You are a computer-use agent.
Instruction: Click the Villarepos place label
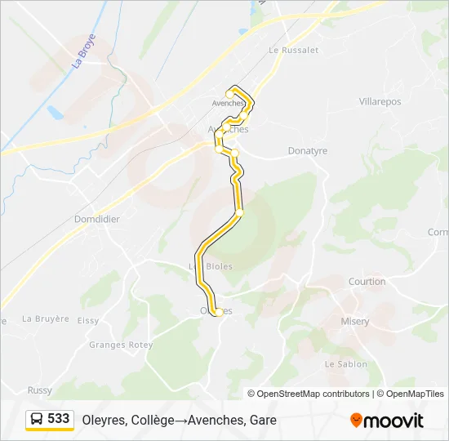click(380, 102)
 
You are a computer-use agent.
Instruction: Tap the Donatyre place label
click(308, 151)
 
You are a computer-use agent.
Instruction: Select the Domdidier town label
click(97, 220)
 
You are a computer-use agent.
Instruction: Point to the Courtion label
click(367, 282)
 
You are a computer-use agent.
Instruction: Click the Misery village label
click(355, 322)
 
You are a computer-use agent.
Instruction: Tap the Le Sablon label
click(345, 364)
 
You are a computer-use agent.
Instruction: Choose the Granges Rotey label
click(121, 345)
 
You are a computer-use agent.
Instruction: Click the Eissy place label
click(88, 321)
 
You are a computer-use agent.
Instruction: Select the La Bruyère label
click(46, 318)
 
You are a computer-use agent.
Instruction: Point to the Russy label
click(39, 390)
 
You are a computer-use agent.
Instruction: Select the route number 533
click(59, 419)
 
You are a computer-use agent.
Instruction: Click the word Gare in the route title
click(264, 421)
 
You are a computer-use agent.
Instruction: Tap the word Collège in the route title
click(151, 421)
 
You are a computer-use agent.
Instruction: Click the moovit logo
click(387, 421)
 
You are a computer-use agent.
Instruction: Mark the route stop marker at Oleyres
click(218, 312)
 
